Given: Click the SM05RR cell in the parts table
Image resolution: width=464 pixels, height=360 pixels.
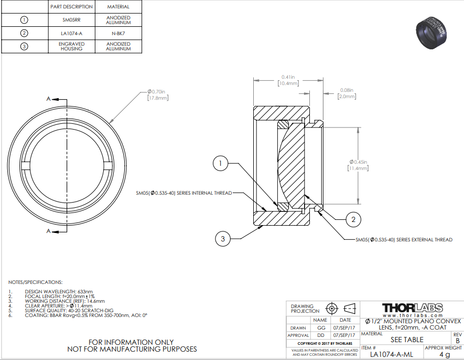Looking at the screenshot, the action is pos(71,20).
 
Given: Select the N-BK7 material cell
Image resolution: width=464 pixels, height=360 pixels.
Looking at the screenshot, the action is pos(118,34).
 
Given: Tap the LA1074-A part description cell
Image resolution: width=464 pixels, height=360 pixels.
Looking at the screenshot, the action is pos(71,34).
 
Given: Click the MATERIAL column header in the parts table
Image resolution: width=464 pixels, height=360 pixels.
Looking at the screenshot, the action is pos(118,6).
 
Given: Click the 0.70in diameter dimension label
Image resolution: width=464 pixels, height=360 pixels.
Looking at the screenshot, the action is pos(158,95).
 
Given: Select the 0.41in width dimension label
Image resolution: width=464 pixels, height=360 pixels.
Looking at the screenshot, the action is pos(288,80).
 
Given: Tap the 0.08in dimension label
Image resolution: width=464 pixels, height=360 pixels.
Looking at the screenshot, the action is pos(347,93).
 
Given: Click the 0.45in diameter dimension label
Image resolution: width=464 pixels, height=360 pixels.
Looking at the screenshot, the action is pos(358,165).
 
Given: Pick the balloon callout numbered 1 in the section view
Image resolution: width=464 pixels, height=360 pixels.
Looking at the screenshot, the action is pos(220,163).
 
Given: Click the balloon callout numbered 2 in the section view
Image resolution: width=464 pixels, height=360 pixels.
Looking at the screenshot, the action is pos(353,219).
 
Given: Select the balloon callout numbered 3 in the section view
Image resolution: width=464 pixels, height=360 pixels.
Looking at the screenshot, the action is pos(222,239).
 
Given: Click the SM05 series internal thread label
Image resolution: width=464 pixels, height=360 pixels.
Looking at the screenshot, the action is pos(184,193).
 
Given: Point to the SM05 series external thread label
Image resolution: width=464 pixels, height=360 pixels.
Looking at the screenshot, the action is pos(404,240).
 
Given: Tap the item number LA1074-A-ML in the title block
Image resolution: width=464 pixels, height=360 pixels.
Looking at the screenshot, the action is pos(392,354).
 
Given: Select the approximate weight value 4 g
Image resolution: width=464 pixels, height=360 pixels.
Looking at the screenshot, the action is pos(445,354).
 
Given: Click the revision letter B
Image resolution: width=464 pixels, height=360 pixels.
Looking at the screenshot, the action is pos(458,341).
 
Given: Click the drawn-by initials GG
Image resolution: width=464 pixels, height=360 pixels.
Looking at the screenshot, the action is pos(321,328).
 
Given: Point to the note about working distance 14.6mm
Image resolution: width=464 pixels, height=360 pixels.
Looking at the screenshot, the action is pos(65,301).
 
